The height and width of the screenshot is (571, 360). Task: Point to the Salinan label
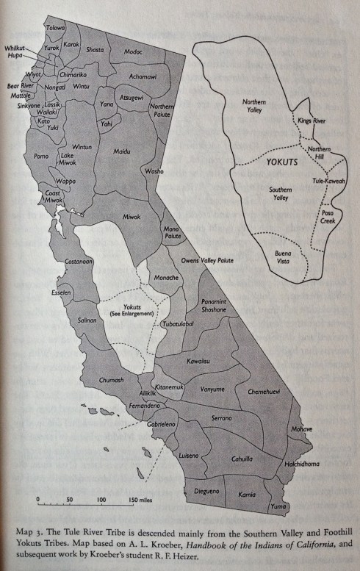pyautogui.click(x=87, y=320)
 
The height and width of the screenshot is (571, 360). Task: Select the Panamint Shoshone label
pyautogui.click(x=217, y=306)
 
